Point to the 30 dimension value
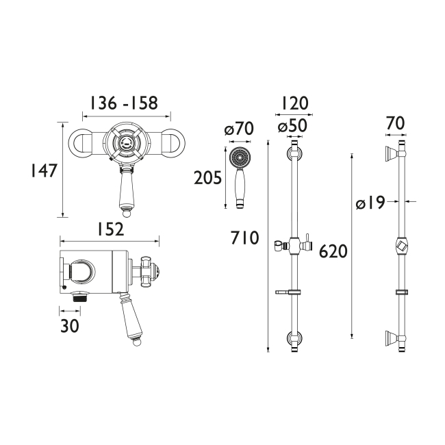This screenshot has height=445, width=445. (x=69, y=326)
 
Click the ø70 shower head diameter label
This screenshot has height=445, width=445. (x=239, y=129)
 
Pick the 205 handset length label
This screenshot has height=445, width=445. (x=208, y=178)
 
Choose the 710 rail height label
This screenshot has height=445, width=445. (x=245, y=238)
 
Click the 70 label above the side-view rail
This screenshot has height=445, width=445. (x=395, y=123)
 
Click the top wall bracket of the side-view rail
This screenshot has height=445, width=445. (x=395, y=153)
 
